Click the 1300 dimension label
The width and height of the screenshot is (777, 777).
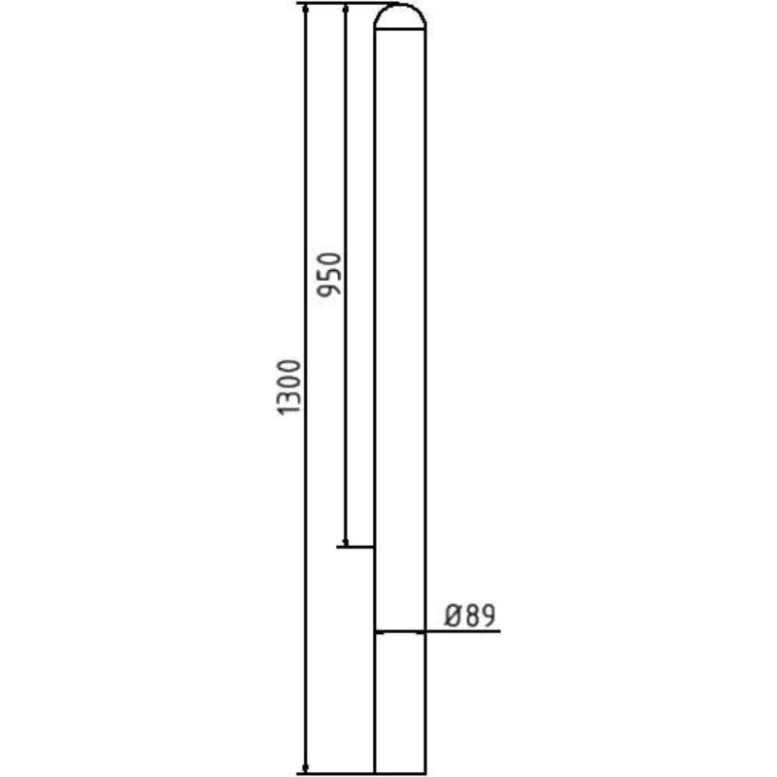pyautogui.click(x=291, y=388)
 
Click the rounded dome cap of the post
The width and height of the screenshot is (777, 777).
pyautogui.click(x=399, y=17)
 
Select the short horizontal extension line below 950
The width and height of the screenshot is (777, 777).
pyautogui.click(x=355, y=547)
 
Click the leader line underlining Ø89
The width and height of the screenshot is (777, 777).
pyautogui.click(x=462, y=632)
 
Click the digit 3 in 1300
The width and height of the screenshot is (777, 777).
pyautogui.click(x=291, y=397)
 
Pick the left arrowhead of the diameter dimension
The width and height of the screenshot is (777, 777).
pyautogui.click(x=380, y=632)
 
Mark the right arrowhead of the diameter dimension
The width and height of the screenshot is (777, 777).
pyautogui.click(x=420, y=632)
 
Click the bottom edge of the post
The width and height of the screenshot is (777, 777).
pyautogui.click(x=399, y=774)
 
